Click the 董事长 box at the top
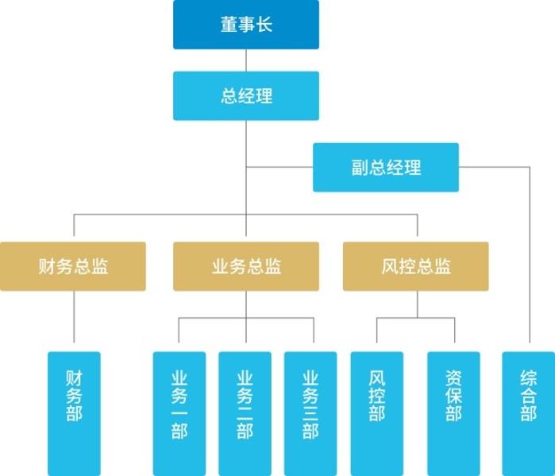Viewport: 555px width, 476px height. coord(246,25)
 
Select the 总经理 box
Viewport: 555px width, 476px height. coord(246,96)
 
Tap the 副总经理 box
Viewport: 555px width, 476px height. coord(386,168)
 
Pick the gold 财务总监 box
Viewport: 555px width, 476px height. coord(73,266)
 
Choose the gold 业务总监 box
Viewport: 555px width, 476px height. coord(246,266)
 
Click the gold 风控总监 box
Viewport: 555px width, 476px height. coord(416,266)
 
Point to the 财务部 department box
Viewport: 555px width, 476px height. coord(74,413)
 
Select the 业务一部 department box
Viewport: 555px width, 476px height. coord(179,413)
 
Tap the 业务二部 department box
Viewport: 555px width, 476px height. coord(245,413)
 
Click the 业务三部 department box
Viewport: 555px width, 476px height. coord(310,413)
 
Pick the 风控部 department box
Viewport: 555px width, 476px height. coord(377,413)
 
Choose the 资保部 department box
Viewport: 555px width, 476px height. coord(453,413)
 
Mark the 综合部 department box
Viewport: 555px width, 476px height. coord(528,413)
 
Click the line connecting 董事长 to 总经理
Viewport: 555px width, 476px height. coord(246,60)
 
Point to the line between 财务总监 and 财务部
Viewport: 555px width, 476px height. coord(74,321)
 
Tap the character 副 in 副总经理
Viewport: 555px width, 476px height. coord(360,168)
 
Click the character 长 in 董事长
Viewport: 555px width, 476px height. coord(264,25)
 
